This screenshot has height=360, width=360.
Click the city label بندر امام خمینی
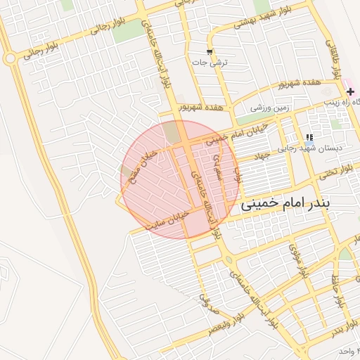point(299,205)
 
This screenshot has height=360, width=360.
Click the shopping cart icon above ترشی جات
point(210,52)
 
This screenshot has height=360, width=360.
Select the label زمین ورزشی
point(268,108)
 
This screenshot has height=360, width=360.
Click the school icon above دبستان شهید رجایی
point(309,137)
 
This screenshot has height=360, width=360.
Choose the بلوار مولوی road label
point(297,259)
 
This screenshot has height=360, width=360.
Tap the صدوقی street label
point(208,302)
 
